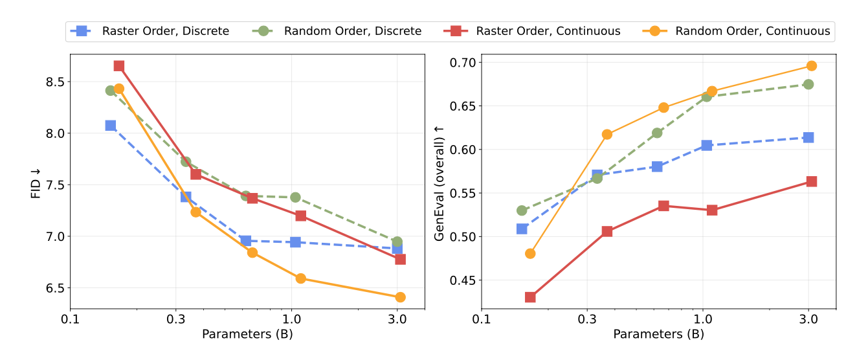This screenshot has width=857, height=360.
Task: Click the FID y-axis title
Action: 36,182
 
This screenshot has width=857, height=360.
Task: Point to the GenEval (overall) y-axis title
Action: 440,182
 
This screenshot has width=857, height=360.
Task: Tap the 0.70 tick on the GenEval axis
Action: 463,63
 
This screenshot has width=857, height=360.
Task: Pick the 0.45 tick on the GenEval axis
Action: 463,280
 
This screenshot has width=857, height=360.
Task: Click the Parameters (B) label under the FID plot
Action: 247,334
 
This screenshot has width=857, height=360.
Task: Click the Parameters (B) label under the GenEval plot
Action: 658,334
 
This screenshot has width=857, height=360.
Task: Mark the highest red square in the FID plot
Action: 119,66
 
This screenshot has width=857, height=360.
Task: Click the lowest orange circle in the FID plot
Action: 400,297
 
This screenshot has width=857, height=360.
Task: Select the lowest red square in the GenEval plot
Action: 530,297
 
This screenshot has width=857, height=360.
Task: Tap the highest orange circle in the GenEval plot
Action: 811,66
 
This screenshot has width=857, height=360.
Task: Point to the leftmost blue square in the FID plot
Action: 111,126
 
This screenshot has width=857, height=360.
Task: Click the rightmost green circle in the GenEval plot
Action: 808,84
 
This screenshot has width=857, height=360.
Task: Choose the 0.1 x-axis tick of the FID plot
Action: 71,319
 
